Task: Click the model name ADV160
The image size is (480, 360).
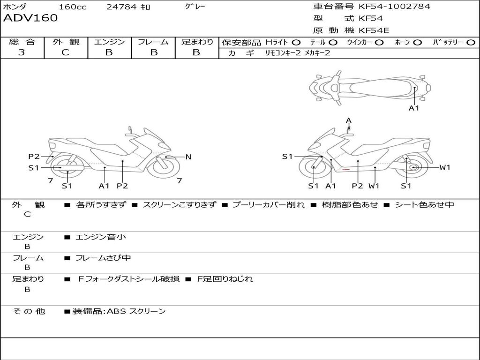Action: (x=30, y=18)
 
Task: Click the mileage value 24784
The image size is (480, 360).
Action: (x=121, y=7)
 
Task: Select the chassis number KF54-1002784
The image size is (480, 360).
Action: (x=394, y=7)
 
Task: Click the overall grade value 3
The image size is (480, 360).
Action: (x=22, y=52)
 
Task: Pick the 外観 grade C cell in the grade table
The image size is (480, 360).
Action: (x=66, y=52)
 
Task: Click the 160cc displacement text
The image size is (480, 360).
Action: (x=73, y=7)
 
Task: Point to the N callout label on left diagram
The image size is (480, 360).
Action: (x=188, y=157)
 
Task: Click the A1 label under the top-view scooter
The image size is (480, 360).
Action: (x=414, y=108)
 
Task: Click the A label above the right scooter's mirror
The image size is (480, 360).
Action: (x=349, y=120)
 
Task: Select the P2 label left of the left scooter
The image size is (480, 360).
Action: (x=34, y=157)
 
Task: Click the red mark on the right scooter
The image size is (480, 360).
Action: (x=346, y=169)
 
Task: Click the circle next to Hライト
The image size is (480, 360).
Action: (x=296, y=42)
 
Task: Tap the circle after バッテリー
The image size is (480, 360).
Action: (x=471, y=42)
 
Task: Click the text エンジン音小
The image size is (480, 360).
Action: (x=101, y=237)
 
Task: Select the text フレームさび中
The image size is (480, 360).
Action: (x=103, y=258)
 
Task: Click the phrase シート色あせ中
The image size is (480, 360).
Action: (x=424, y=205)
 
